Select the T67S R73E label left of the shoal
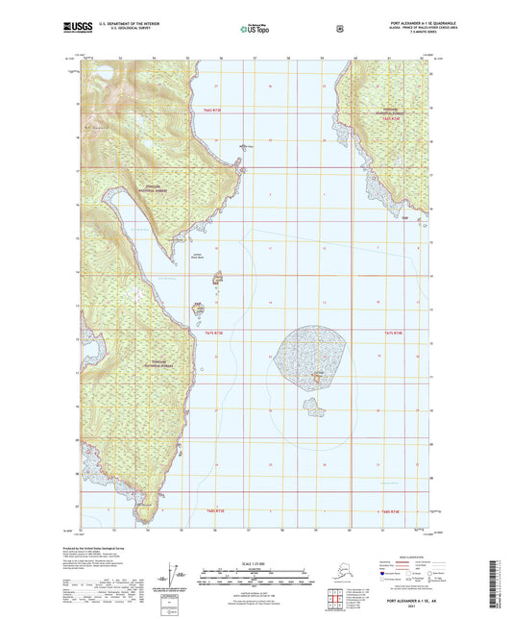click(213, 333)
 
